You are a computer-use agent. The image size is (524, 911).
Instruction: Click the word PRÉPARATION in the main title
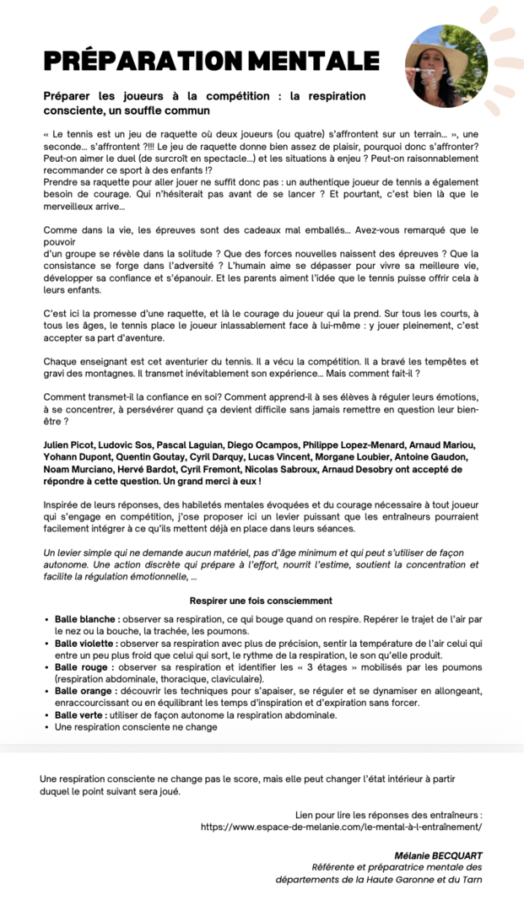point(143,61)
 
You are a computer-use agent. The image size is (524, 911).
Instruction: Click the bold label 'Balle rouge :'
point(84,667)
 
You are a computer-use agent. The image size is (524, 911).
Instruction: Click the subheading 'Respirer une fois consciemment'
point(261,601)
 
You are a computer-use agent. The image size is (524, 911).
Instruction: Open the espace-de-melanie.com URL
point(342,827)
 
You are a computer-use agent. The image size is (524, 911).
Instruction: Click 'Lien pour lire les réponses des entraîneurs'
point(388,816)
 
